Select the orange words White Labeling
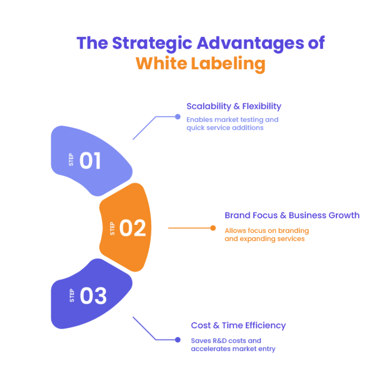pyautogui.click(x=200, y=64)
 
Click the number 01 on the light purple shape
pyautogui.click(x=90, y=161)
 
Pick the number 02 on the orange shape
pyautogui.click(x=133, y=228)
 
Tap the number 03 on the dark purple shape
pyautogui.click(x=93, y=296)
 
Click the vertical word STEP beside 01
pyautogui.click(x=71, y=160)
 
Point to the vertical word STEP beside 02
pyautogui.click(x=112, y=228)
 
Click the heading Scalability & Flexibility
pyautogui.click(x=234, y=106)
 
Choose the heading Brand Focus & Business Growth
pyautogui.click(x=292, y=215)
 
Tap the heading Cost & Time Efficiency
pyautogui.click(x=238, y=325)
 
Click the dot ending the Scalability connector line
pyautogui.click(x=177, y=116)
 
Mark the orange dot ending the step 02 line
pyautogui.click(x=213, y=228)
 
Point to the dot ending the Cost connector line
pyautogui.click(x=177, y=340)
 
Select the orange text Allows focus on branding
pyautogui.click(x=266, y=230)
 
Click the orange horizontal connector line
pyautogui.click(x=190, y=228)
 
